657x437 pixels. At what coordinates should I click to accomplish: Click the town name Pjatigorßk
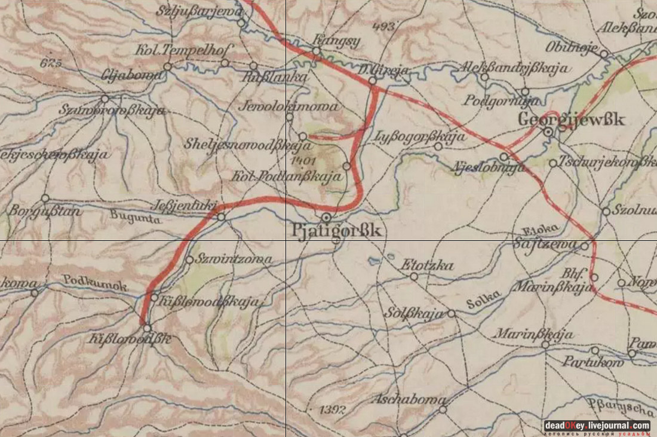point(336,231)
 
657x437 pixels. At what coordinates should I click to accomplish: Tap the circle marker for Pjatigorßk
point(326,217)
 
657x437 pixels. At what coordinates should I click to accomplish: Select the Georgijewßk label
point(571,120)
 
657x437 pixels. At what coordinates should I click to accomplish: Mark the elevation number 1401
point(304,161)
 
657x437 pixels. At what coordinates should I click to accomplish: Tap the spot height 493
point(383,26)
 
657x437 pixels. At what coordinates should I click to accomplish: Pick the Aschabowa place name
point(409,399)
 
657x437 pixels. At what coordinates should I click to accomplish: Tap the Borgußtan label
point(36,211)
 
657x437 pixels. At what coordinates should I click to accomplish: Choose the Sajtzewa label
point(545,244)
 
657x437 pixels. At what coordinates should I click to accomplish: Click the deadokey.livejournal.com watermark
point(597,426)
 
